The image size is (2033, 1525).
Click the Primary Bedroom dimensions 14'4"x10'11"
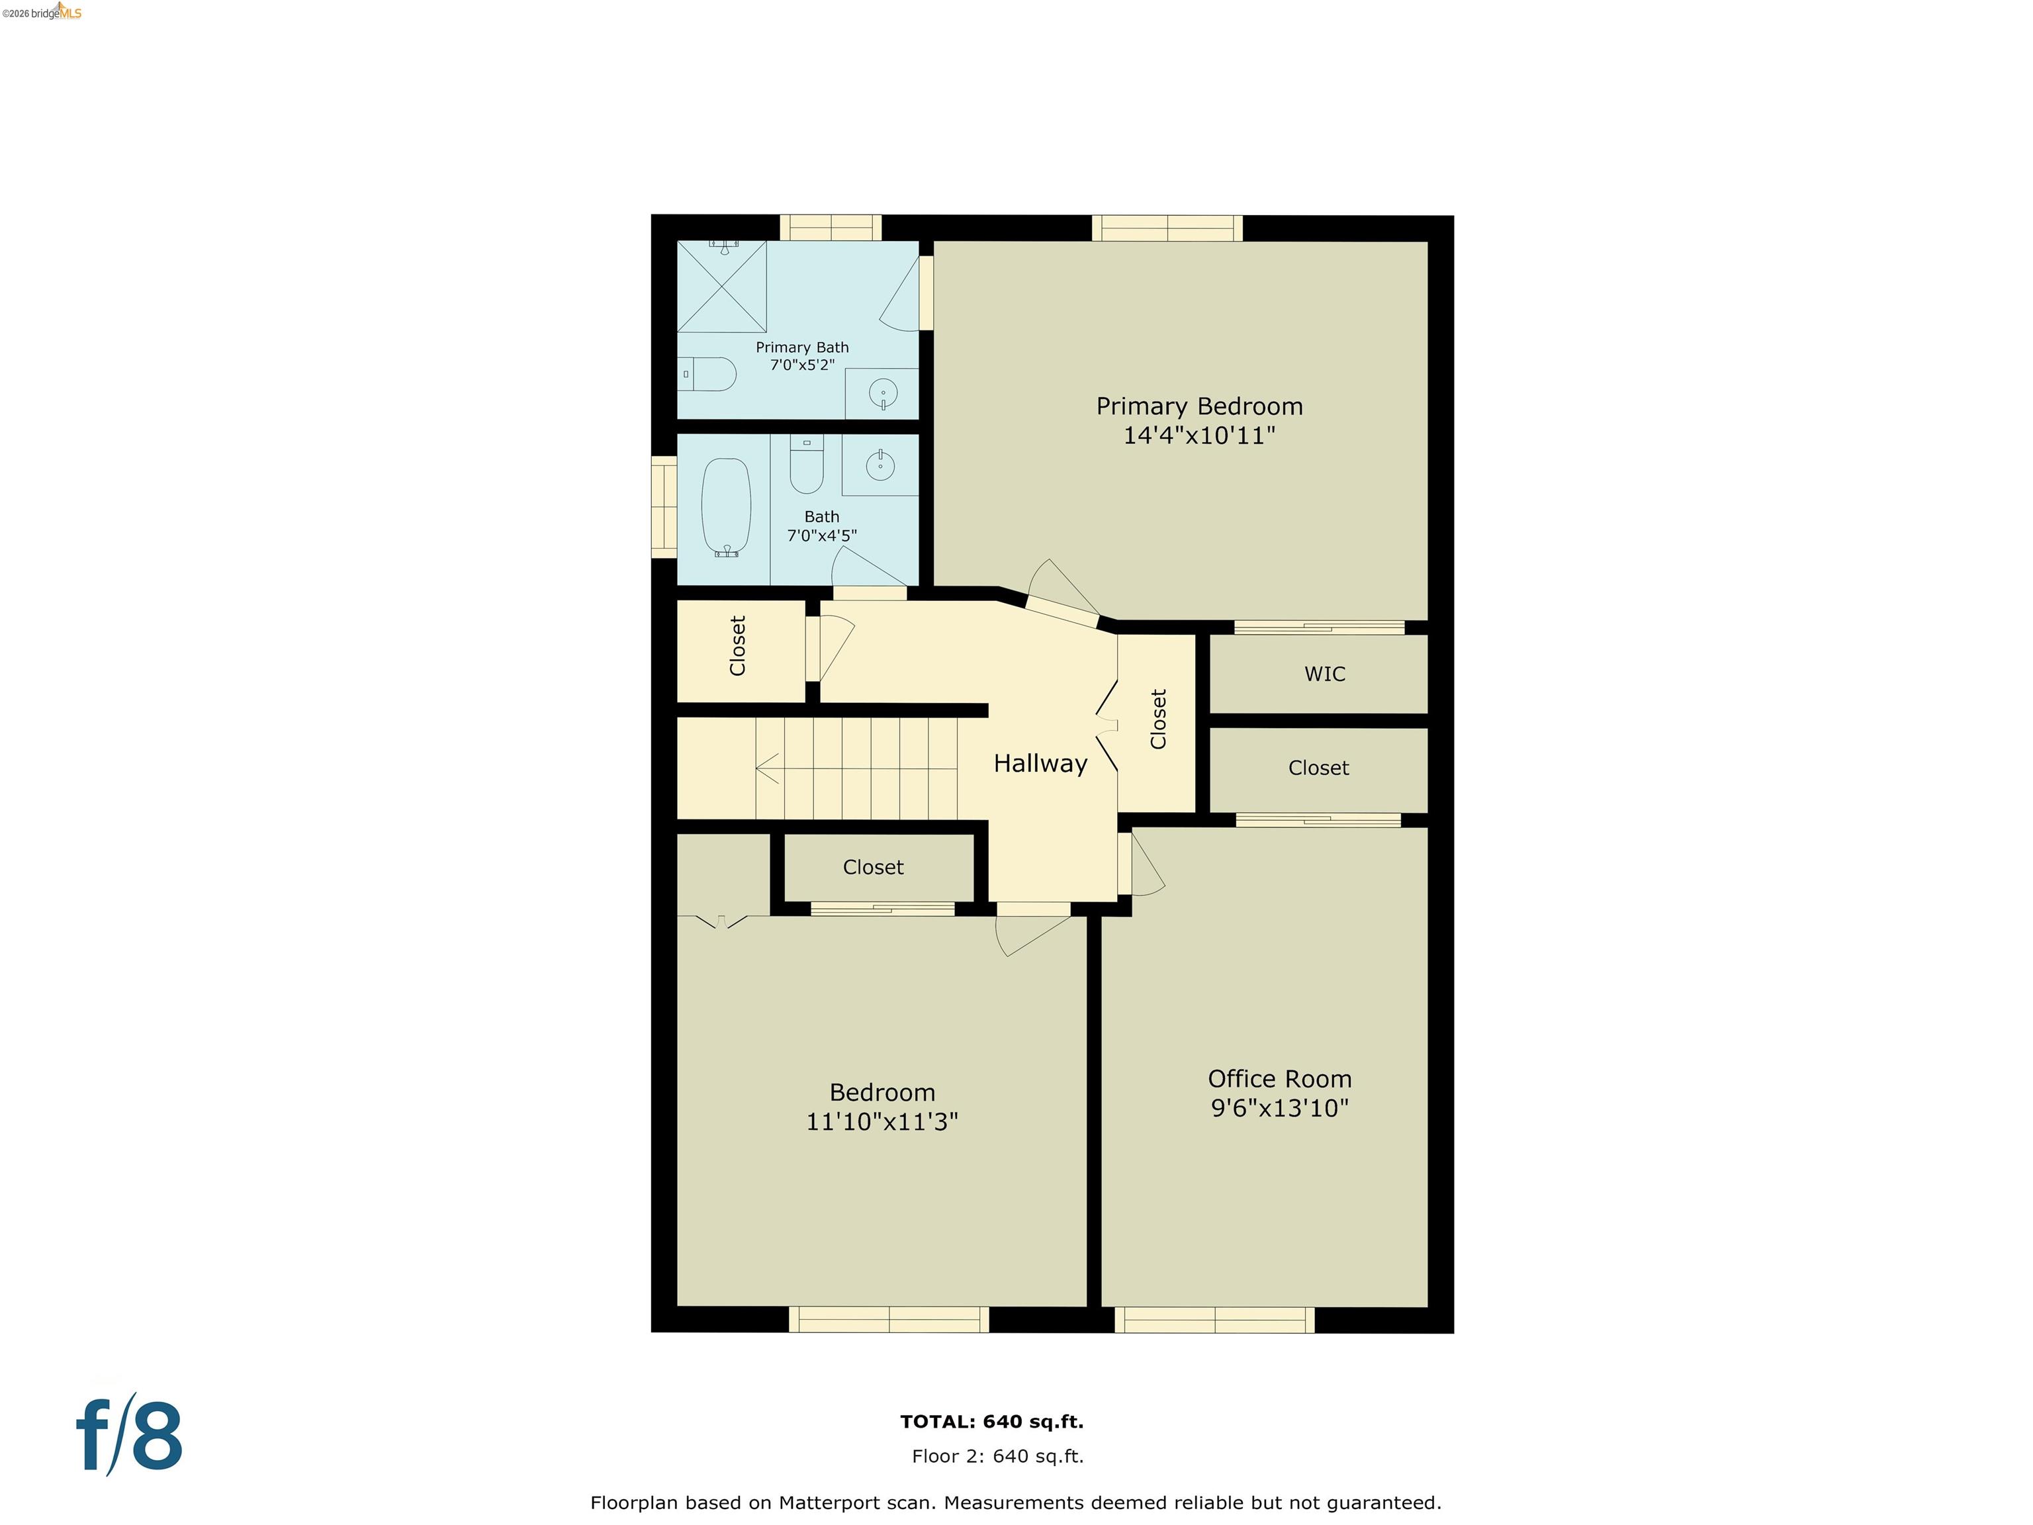pyautogui.click(x=1198, y=435)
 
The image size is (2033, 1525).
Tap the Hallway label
pyautogui.click(x=1040, y=763)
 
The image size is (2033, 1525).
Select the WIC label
pyautogui.click(x=1324, y=674)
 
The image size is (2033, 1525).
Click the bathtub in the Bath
pyautogui.click(x=726, y=506)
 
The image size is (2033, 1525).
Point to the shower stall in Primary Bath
pyautogui.click(x=721, y=286)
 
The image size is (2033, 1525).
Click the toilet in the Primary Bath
pyautogui.click(x=709, y=374)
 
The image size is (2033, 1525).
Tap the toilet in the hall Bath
pyautogui.click(x=806, y=467)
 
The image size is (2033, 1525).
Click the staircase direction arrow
pyautogui.click(x=768, y=768)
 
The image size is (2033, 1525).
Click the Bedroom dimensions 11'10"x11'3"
pyautogui.click(x=881, y=1121)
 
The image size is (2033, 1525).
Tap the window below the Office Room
pyautogui.click(x=1214, y=1320)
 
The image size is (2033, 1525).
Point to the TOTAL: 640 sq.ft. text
pyautogui.click(x=992, y=1421)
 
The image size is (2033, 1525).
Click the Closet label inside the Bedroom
pyautogui.click(x=872, y=867)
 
